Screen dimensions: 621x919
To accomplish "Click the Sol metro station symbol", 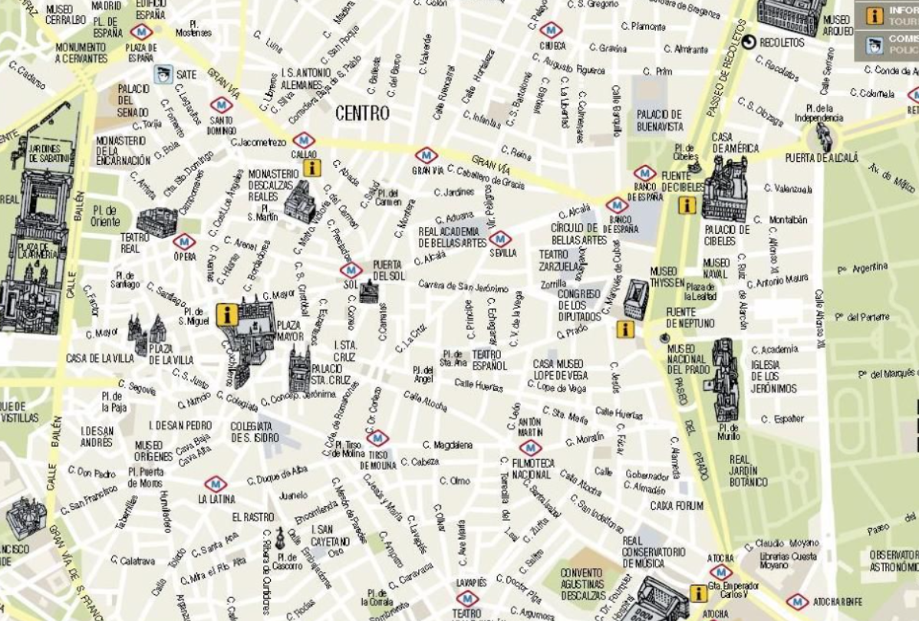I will [351, 270].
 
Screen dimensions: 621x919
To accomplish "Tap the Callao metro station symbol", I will [304, 140].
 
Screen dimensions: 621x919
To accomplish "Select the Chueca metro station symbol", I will [551, 30].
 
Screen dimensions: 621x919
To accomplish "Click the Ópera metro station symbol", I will [184, 242].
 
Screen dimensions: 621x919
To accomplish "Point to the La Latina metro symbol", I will [216, 484].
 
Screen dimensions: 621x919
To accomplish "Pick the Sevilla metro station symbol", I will [499, 238].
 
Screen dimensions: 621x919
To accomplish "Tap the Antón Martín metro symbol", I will [530, 448].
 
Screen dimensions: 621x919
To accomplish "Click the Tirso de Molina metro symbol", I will [377, 438].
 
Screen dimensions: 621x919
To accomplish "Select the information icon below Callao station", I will [311, 168].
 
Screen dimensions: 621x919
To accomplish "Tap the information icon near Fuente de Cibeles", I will [687, 205].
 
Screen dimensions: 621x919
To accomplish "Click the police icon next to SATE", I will [162, 74].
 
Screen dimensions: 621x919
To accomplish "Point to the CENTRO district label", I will [362, 113].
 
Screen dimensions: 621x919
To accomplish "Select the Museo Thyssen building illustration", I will [635, 298].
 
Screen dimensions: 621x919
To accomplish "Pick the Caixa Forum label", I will [676, 506].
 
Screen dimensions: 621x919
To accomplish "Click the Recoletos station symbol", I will [748, 43].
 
